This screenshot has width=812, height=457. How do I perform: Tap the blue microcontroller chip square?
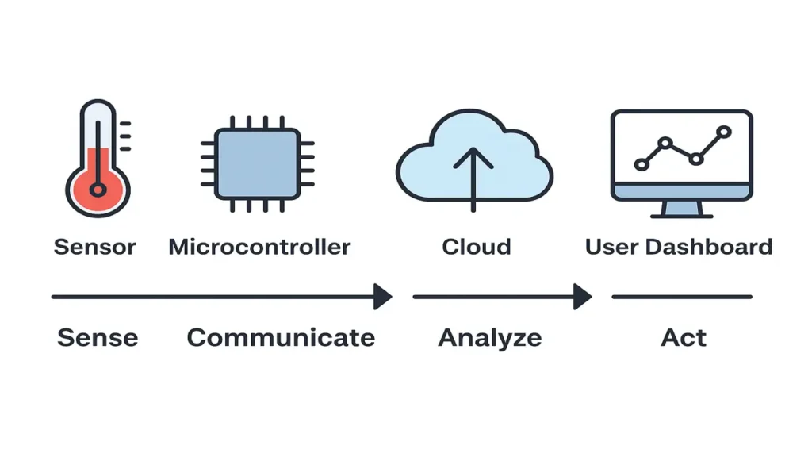click(257, 164)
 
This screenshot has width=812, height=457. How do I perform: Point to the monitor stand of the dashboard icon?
click(682, 209)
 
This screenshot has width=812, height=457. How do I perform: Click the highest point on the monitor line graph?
click(722, 131)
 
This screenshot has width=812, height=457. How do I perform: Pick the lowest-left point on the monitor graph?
click(641, 164)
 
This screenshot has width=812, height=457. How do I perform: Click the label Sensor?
click(94, 247)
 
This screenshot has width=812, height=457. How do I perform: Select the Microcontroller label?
click(259, 247)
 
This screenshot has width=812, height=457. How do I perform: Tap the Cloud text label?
click(476, 247)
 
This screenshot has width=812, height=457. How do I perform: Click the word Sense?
click(98, 337)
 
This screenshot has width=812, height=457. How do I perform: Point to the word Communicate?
click(281, 337)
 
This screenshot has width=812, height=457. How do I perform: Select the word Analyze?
click(490, 337)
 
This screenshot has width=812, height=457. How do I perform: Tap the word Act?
click(684, 337)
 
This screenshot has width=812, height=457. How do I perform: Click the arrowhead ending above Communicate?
click(383, 297)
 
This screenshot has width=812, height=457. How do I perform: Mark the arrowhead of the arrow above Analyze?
click(583, 297)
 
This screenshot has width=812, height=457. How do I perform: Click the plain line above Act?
click(682, 297)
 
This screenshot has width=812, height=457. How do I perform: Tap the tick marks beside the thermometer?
click(124, 136)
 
